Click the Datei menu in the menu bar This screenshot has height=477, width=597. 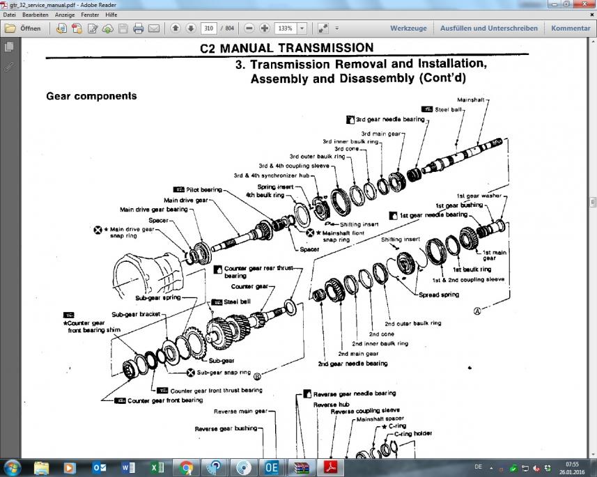9,14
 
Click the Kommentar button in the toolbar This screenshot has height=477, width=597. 571,29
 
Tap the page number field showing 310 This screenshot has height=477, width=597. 208,29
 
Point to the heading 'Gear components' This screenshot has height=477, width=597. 91,96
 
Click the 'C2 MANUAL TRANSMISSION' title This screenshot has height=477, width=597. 286,48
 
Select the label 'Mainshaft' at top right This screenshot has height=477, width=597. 473,100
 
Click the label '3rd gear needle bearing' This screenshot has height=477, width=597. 390,120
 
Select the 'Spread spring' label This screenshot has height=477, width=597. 439,295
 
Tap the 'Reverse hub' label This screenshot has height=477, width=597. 325,404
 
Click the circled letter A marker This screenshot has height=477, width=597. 477,311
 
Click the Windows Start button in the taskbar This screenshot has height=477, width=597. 13,467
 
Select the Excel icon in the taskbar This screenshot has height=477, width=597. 157,467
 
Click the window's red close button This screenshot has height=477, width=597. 583,4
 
